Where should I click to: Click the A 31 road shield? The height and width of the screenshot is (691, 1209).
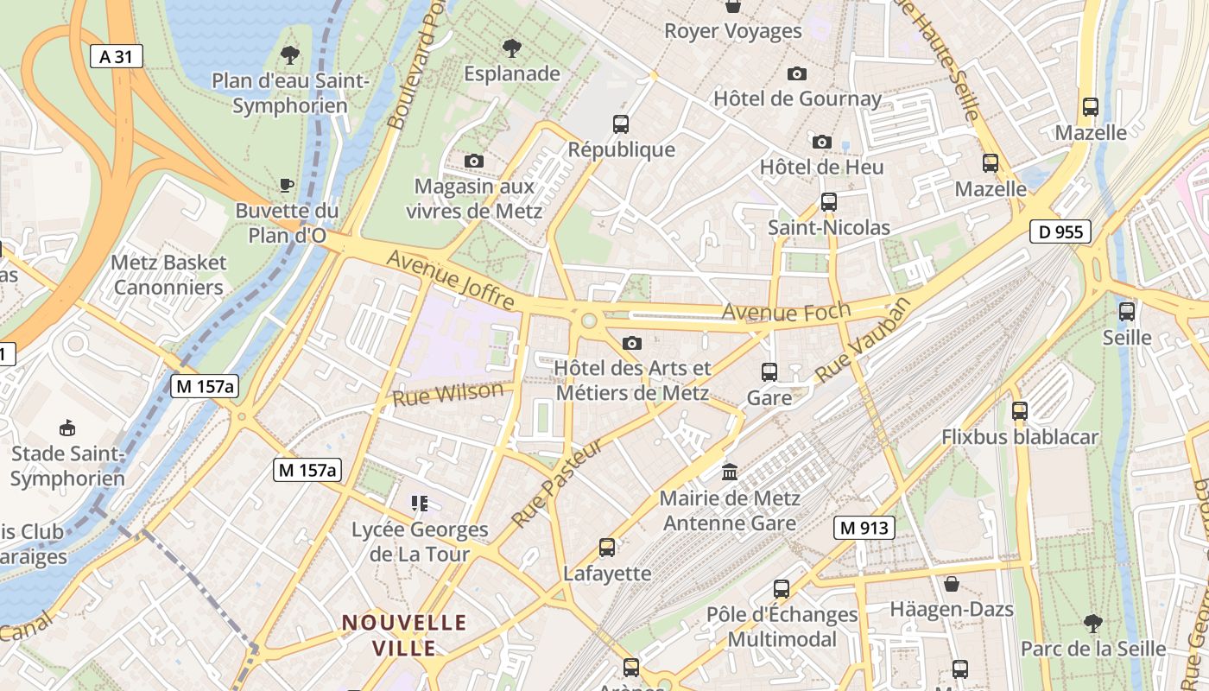point(117,57)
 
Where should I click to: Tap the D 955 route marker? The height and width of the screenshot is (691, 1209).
point(1060,231)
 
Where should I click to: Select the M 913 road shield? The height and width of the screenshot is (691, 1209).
point(864,528)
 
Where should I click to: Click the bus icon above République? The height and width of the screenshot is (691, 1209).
point(621,124)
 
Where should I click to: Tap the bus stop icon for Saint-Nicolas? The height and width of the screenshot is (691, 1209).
point(829,202)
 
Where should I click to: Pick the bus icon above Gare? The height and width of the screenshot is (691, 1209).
point(769,372)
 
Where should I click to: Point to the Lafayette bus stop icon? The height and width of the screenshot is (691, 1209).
point(607,547)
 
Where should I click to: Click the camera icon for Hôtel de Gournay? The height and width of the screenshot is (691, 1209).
point(797,73)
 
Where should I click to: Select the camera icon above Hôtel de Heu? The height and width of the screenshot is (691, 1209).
point(821,141)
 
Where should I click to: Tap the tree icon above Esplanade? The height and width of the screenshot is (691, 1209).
point(512,48)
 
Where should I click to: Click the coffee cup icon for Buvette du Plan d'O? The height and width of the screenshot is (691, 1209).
point(287,185)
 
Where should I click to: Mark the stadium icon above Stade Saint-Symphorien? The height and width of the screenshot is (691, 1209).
point(66,428)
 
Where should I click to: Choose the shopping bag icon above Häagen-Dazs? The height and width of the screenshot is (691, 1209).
point(952,584)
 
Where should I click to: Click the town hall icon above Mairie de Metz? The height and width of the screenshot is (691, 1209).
point(730,472)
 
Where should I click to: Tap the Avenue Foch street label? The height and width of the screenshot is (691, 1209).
point(786,311)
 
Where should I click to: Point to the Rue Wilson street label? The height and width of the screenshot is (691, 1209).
point(447,394)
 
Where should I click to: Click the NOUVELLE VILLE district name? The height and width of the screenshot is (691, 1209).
point(404,634)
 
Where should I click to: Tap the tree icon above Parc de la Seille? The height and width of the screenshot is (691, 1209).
point(1092,623)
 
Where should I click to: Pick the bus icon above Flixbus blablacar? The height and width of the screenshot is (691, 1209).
point(1020,411)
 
